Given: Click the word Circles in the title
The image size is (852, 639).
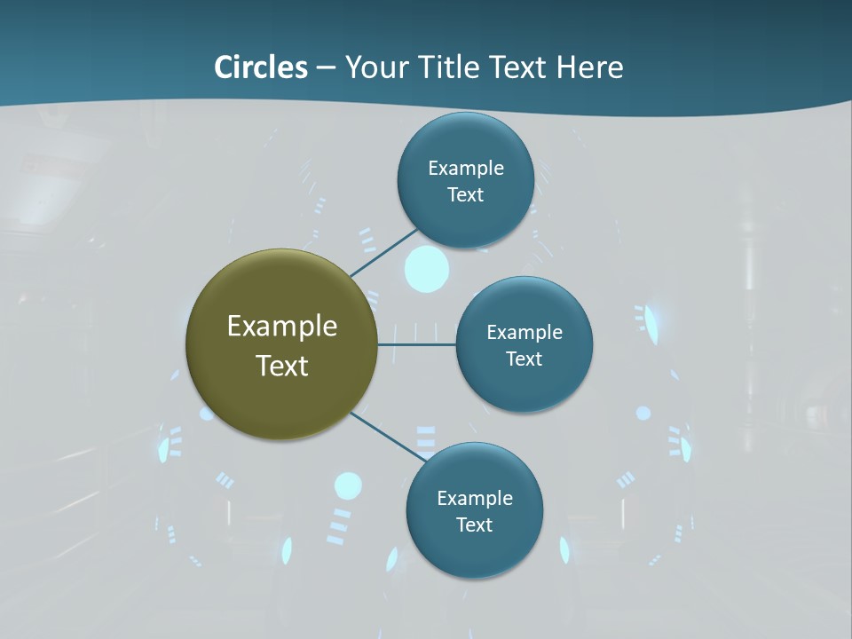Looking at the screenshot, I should pos(261,67).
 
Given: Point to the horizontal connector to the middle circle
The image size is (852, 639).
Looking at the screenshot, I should pos(417,344).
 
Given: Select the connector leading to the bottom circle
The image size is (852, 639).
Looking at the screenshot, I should pos(389,436).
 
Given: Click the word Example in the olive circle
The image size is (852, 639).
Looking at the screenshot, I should pos(282,327).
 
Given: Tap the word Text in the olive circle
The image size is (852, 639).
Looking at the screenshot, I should pos(282,366).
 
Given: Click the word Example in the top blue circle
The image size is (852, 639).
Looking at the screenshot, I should pos(466,168).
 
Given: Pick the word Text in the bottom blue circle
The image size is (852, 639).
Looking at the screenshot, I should pos(474,525).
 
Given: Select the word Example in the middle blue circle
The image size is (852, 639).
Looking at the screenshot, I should pos(525,332).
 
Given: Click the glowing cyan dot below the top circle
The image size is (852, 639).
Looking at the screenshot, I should pos(427,269).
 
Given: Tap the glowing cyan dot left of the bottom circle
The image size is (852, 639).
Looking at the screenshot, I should pos(348,485).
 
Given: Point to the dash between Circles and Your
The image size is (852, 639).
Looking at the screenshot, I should pos(326,67).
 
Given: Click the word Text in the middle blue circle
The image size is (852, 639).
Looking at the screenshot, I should pos(524,359).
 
